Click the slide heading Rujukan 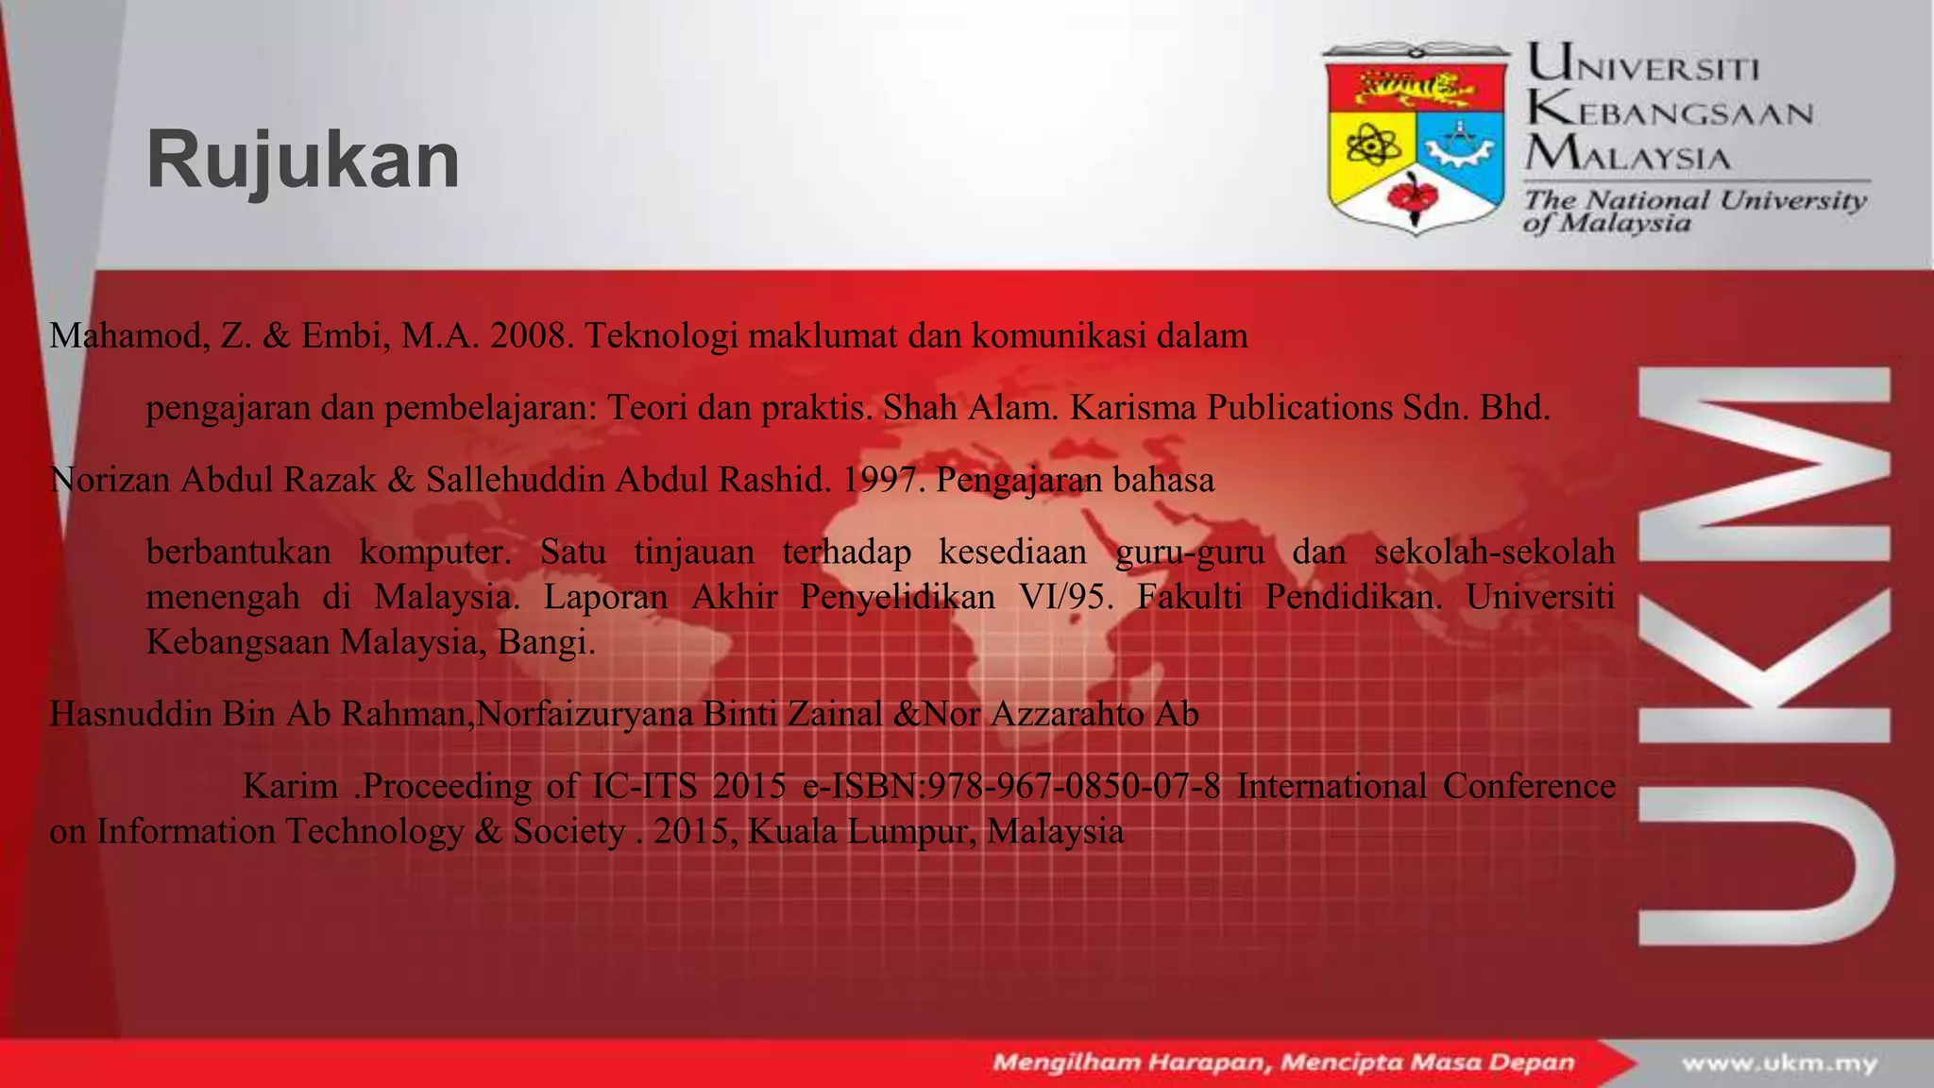pos(303,161)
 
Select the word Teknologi pos(661,336)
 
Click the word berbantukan pos(239,552)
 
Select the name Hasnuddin pos(130,714)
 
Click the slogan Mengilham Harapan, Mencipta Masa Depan pos(1283,1063)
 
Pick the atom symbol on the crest pos(1366,147)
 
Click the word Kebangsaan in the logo pos(1670,112)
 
